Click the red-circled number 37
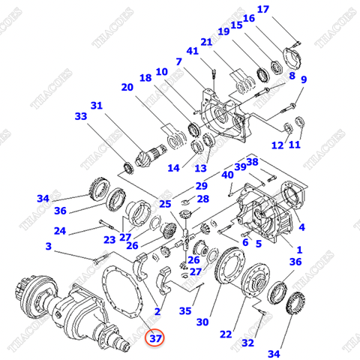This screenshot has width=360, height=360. point(155,338)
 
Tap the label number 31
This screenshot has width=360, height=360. point(96,105)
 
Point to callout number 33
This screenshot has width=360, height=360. point(80,116)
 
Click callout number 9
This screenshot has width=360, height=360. point(304,80)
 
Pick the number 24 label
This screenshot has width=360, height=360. point(60,231)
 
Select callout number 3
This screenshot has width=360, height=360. point(49,246)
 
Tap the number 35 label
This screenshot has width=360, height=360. point(184,310)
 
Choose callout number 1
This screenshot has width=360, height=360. point(299,250)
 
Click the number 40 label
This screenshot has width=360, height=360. point(226,174)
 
